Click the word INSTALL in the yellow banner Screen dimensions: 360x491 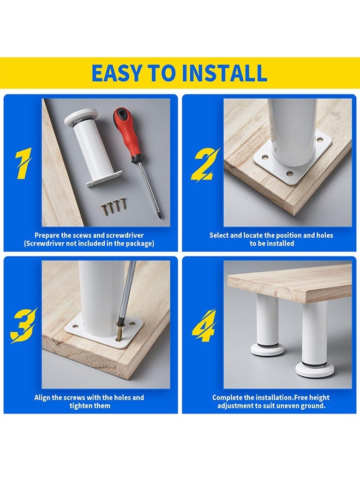point(224,73)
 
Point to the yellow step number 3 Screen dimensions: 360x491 point(24,326)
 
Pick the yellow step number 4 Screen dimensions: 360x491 point(205,326)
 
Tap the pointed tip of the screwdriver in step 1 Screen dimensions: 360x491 point(160,217)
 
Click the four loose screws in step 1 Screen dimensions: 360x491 point(113,206)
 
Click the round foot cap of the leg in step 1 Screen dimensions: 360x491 point(81,118)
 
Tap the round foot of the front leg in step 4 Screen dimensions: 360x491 point(315,369)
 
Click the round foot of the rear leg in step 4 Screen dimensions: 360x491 point(267,349)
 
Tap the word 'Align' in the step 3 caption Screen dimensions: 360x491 point(42,398)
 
